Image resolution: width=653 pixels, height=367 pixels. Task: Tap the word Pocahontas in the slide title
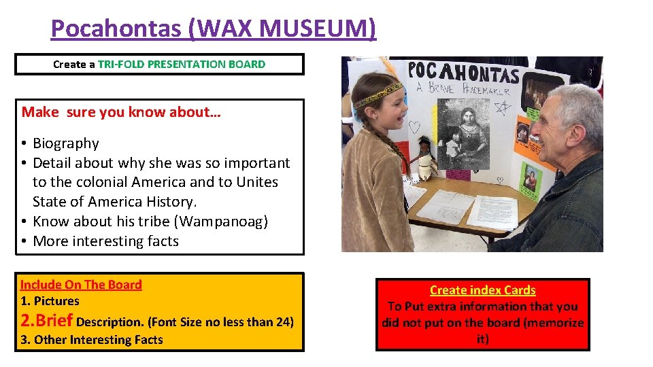(x=115, y=29)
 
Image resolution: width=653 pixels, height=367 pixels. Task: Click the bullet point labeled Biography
(x=65, y=143)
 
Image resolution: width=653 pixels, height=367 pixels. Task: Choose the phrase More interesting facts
(x=105, y=241)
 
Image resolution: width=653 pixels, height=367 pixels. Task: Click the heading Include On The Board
(x=81, y=285)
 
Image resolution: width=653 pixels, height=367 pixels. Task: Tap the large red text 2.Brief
(x=47, y=320)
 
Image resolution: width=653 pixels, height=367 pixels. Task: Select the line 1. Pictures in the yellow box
(x=50, y=301)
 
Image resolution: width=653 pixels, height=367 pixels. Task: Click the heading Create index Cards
(x=482, y=290)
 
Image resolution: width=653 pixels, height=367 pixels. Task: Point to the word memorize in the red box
(x=557, y=323)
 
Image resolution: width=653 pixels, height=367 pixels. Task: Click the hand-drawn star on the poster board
(x=503, y=107)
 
